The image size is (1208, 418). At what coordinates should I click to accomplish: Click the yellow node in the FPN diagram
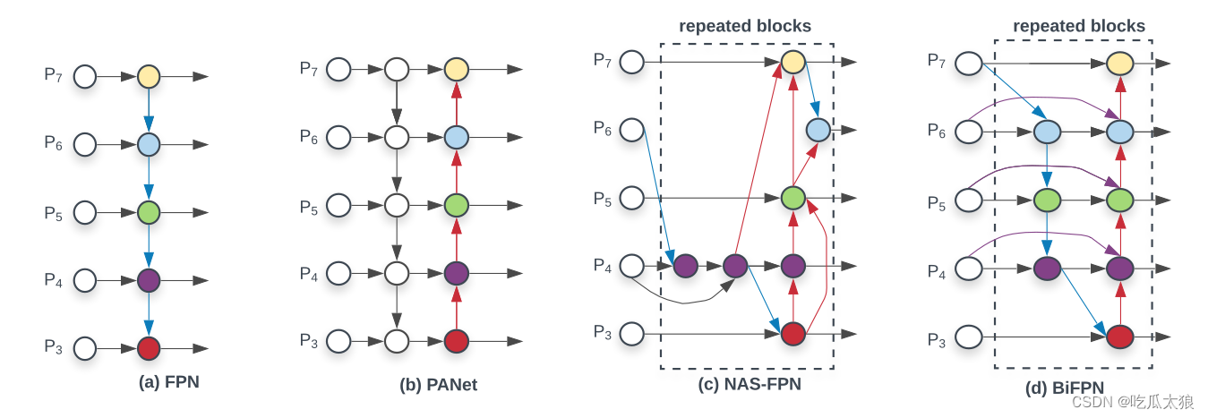pos(149,77)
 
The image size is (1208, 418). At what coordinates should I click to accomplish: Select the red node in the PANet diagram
pos(457,341)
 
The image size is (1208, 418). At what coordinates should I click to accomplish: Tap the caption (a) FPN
pos(169,382)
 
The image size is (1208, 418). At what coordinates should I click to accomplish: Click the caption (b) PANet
pos(439,386)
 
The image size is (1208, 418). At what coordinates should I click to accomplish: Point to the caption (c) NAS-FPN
pos(750,385)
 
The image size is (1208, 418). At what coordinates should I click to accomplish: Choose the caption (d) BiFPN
pos(1065,388)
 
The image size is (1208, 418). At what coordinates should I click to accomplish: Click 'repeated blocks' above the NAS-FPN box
pos(745,26)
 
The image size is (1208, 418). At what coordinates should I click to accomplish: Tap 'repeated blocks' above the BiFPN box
pos(1079,26)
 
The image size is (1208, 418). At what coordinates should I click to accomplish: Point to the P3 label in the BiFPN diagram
pos(936,339)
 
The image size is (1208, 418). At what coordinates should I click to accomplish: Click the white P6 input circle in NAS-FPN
pos(632,130)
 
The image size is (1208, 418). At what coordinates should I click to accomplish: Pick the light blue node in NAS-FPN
pos(818,130)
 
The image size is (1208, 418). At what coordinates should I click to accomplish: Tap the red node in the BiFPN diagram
pos(1119,337)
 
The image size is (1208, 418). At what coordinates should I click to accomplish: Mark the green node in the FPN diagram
pos(149,213)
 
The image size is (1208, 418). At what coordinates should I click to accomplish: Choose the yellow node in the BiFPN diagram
pos(1119,64)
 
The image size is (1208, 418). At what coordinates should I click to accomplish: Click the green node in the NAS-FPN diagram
pos(792,198)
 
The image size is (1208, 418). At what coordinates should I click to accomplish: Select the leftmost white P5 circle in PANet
pos(338,205)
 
